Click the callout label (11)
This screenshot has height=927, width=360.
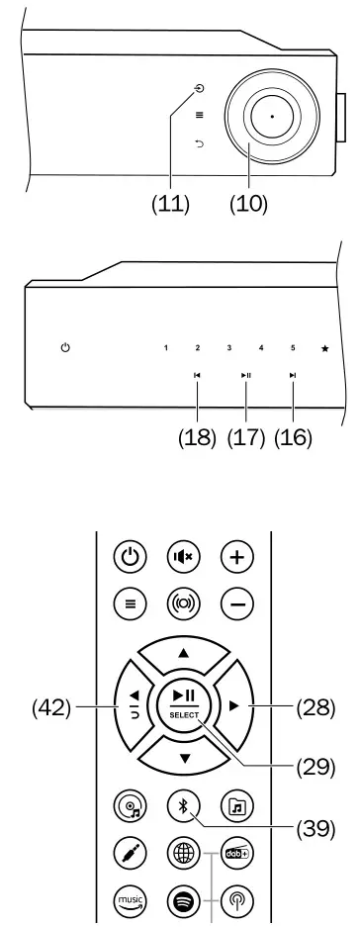[169, 205]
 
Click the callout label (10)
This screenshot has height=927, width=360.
[248, 205]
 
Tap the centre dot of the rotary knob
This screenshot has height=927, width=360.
[271, 117]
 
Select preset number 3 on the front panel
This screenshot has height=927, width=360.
[228, 348]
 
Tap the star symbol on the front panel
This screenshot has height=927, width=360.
[324, 348]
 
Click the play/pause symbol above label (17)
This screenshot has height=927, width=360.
[245, 376]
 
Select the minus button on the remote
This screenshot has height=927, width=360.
[237, 600]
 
